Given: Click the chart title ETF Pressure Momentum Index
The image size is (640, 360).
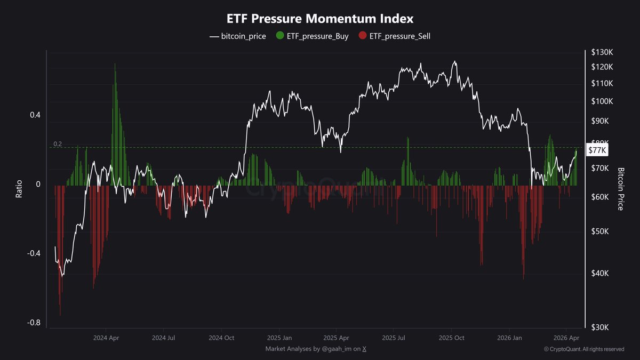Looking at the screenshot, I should (320, 19).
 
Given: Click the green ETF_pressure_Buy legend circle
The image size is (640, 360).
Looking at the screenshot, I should (279, 37).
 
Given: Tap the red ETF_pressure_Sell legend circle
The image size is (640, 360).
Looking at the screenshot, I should (363, 37).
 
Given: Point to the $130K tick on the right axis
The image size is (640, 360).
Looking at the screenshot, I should (602, 52).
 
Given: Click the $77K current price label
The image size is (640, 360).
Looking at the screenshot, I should (596, 150).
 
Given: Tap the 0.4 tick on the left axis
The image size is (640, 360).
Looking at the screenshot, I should (34, 115).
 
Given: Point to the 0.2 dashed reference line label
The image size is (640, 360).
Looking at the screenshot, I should (58, 144).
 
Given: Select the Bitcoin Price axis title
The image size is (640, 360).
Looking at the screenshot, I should (620, 189).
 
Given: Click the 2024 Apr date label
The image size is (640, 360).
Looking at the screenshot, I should (107, 338).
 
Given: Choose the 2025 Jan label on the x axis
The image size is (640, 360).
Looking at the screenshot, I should (279, 338).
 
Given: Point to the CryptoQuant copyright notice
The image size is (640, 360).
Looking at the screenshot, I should (583, 349).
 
